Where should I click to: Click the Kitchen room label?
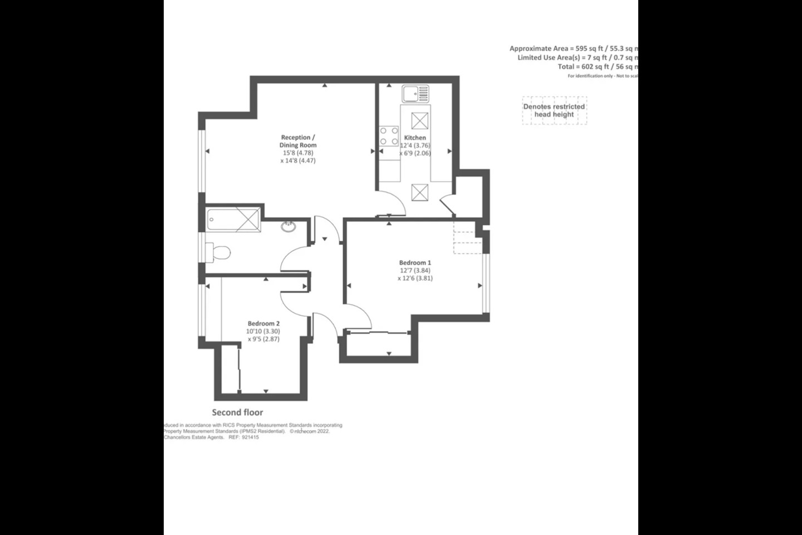point(415,138)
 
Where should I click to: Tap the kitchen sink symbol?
point(416,94)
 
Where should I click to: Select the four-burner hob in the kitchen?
point(389,136)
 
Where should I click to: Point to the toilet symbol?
point(218,252)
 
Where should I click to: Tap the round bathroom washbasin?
point(288,226)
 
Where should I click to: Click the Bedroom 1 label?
point(415,262)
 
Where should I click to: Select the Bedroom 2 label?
point(263,323)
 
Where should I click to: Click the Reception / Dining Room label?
point(298,141)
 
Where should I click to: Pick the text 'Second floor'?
point(237,412)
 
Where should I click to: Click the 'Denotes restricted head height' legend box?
point(554,111)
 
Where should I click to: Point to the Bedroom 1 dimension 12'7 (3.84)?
point(415,270)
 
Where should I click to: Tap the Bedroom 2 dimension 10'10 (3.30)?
point(263,331)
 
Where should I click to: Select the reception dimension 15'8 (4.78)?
point(298,153)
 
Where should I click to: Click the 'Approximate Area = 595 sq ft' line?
point(574,48)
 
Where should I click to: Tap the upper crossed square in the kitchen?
point(419,120)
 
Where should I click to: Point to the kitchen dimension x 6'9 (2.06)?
point(415,153)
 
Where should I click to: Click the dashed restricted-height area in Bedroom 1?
point(467,237)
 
